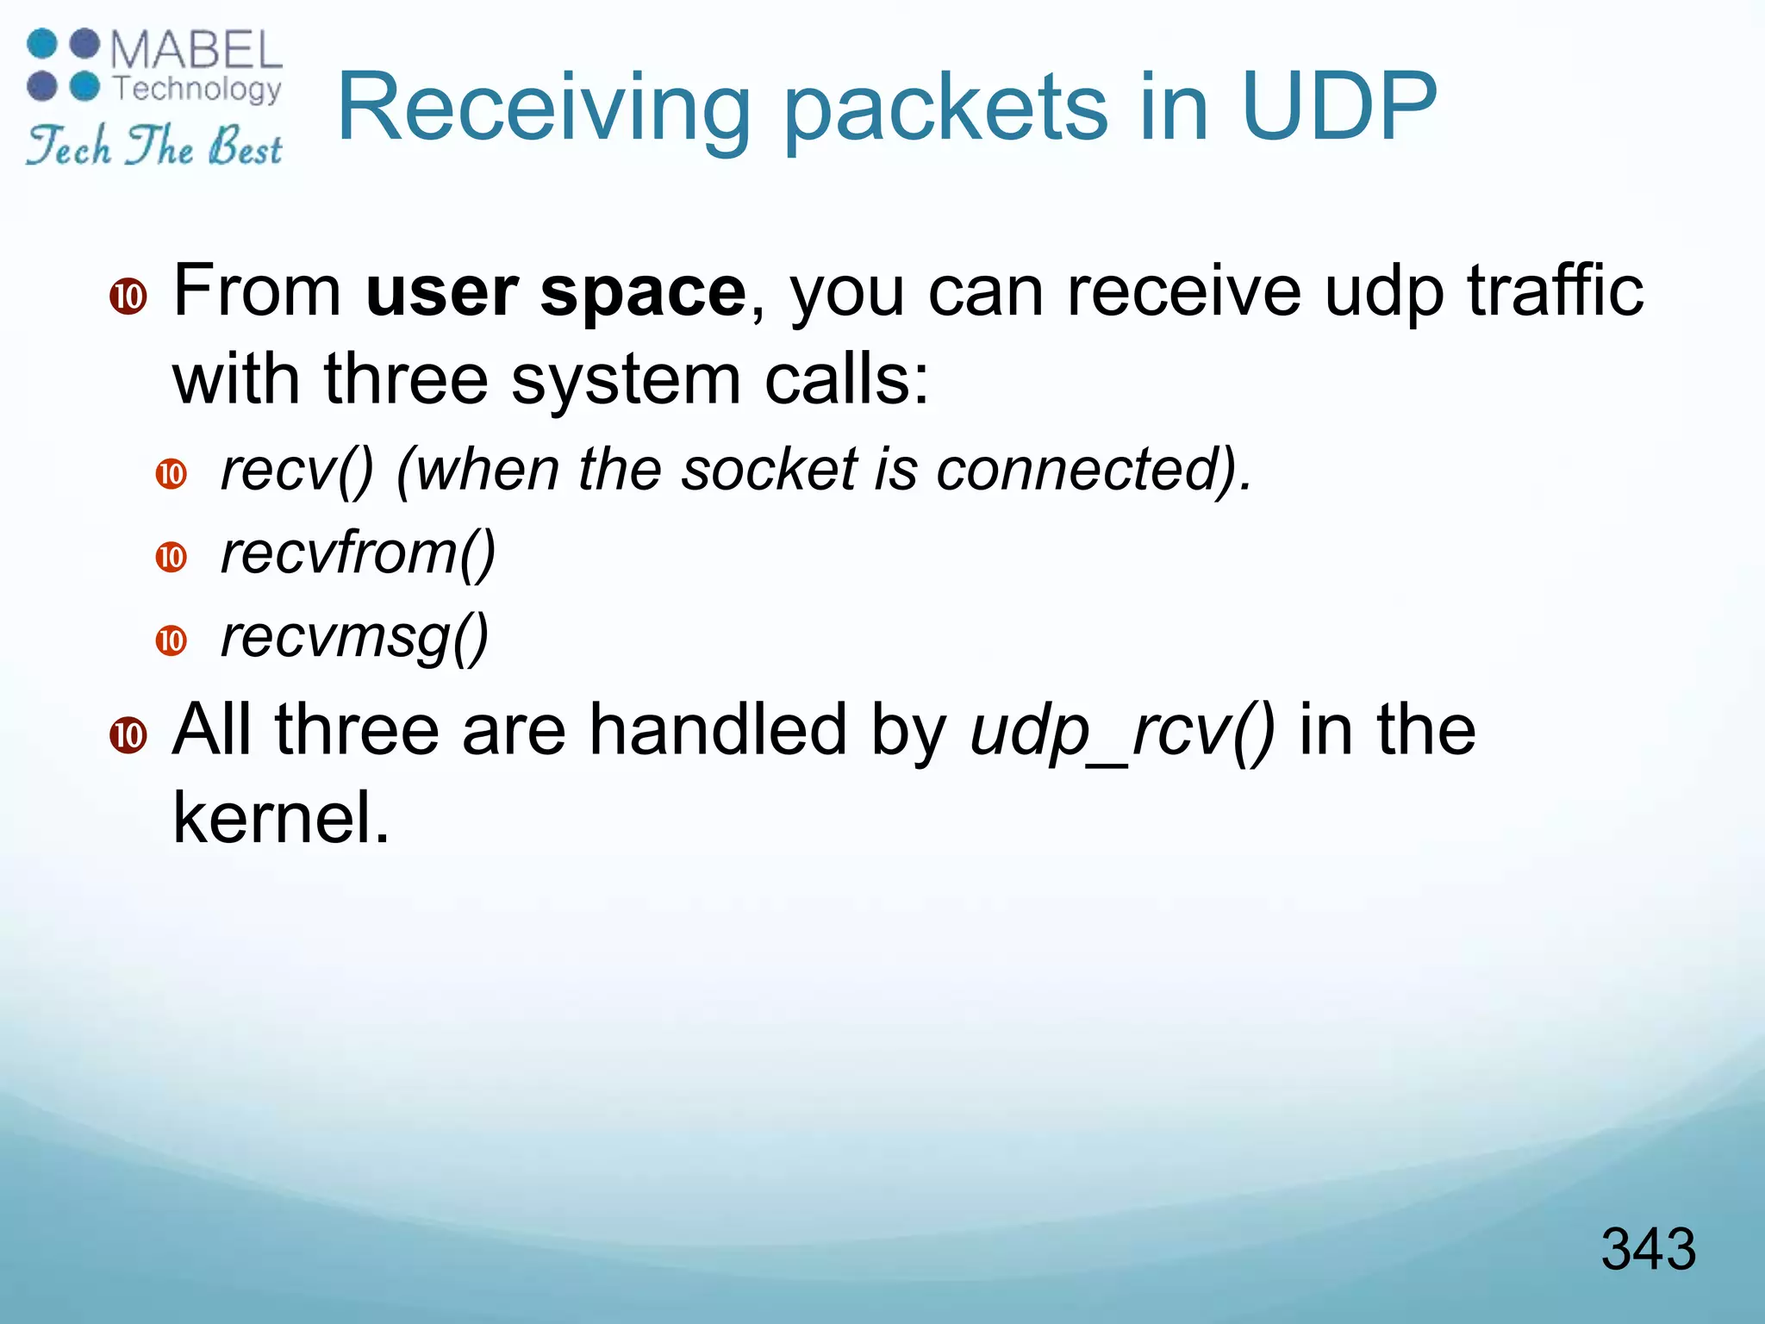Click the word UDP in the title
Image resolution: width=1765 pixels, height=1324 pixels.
1339,107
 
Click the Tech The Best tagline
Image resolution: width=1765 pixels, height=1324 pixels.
154,146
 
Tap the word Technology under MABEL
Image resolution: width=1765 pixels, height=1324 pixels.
197,88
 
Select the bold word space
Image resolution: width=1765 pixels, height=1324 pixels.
643,293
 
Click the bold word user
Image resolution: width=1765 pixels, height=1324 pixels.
441,293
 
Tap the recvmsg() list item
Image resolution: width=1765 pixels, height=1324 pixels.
354,638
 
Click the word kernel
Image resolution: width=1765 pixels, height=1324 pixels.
281,817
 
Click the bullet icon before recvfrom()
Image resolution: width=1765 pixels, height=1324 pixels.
172,557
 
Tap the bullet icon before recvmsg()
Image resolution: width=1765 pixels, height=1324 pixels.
172,640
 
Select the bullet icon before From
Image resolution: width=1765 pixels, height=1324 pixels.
128,297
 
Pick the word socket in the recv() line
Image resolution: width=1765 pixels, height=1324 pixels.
769,470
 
